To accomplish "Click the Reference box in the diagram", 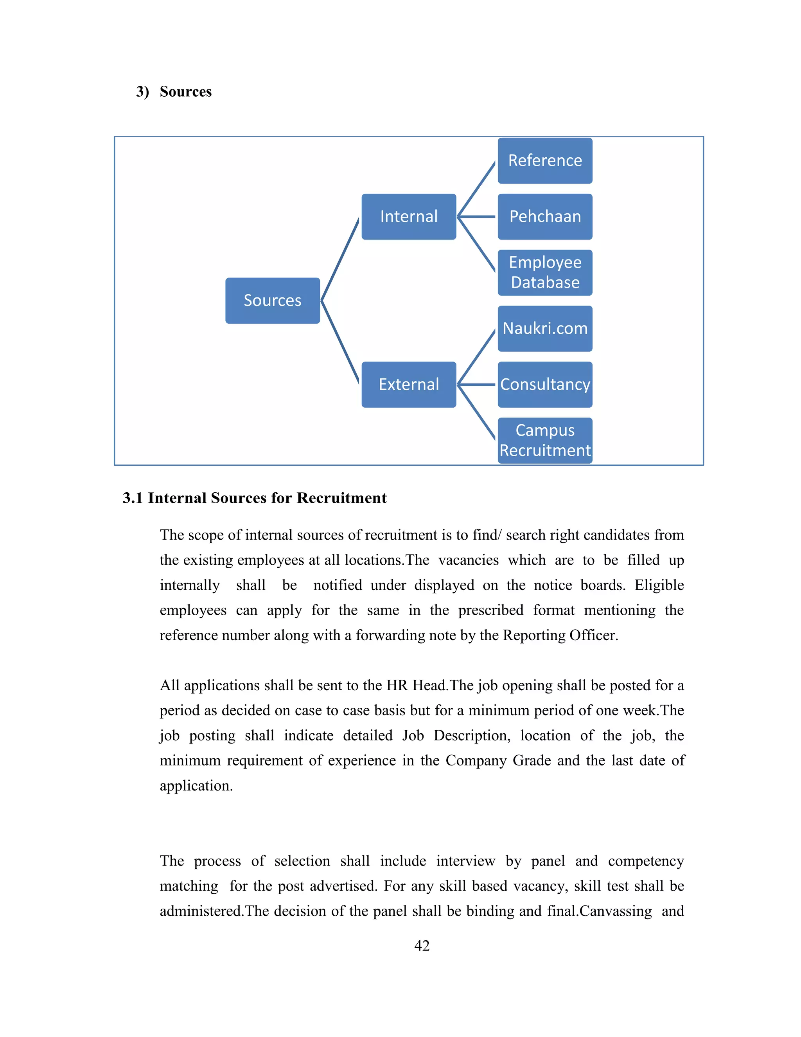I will pos(545,160).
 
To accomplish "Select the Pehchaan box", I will pos(545,216).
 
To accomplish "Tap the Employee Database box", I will pos(545,272).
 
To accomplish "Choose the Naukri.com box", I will pos(545,329).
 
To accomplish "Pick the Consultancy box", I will pos(545,385).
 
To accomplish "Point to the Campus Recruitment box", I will pos(545,441).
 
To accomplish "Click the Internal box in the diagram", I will pos(409,216).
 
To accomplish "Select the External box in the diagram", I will pos(409,385).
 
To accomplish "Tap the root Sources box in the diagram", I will pos(272,301).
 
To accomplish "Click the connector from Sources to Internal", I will pos(340,259).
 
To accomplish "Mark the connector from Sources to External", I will pos(340,342).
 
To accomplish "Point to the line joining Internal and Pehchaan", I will pos(476,216).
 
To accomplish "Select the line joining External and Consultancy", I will pos(476,385).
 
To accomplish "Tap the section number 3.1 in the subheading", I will pos(133,498).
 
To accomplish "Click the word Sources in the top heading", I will pos(185,92).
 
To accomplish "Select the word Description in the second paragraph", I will pos(472,736).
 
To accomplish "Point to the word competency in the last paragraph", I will pos(645,861).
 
